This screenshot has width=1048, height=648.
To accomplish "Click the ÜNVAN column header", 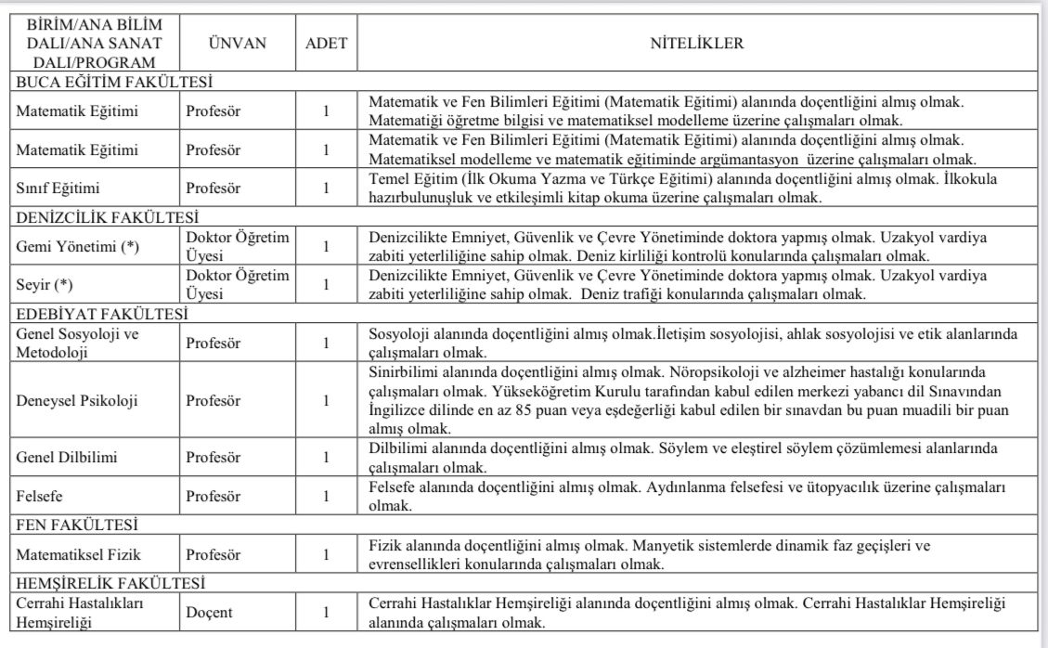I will [237, 44].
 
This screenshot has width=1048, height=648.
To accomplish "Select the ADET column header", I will [326, 44].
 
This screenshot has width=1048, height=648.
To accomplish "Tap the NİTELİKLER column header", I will [696, 44].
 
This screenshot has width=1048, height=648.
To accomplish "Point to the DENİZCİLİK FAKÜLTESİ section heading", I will [108, 217].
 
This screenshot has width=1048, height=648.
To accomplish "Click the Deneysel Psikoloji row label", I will [77, 402].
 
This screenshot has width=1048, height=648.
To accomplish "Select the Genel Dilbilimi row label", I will [67, 458].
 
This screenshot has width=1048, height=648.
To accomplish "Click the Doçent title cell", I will [209, 613].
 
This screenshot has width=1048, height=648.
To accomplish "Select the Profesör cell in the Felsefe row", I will [213, 497].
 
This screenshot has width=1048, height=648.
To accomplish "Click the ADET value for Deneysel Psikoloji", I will [326, 402].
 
